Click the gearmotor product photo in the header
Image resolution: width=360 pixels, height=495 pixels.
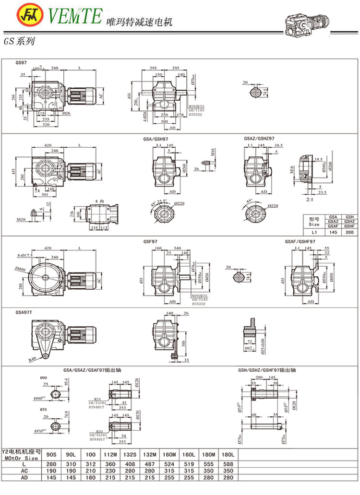point(307,23)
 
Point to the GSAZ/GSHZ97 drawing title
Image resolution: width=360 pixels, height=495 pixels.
point(259,138)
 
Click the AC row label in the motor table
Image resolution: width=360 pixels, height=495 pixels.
point(24,471)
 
